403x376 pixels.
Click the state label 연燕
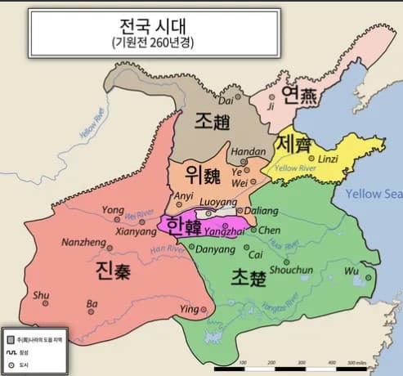click(x=299, y=96)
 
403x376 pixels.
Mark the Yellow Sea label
click(x=374, y=194)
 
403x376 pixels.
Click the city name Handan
click(x=250, y=152)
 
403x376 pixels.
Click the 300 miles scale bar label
click(x=356, y=362)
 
